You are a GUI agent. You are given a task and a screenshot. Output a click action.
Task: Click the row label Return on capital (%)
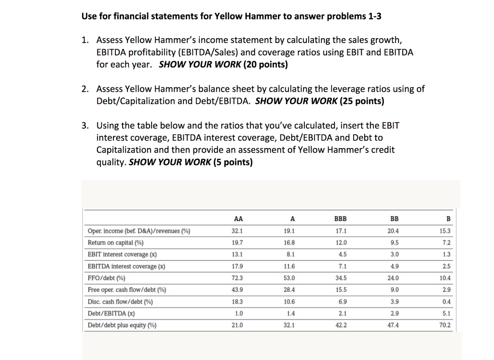point(115,243)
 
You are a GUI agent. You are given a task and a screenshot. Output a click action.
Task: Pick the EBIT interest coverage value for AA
point(238,254)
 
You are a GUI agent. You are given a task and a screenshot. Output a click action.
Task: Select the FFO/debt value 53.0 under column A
point(289,278)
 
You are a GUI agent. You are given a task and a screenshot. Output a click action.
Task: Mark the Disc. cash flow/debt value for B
point(447,302)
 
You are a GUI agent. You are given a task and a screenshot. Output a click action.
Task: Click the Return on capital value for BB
point(394,243)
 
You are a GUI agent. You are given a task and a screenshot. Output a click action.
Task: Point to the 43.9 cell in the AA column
point(238,290)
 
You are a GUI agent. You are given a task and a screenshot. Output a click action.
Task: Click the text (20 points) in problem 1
point(265,65)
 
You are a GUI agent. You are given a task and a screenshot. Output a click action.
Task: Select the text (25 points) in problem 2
point(362,101)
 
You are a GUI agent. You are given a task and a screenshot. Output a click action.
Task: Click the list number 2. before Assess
point(85,89)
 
